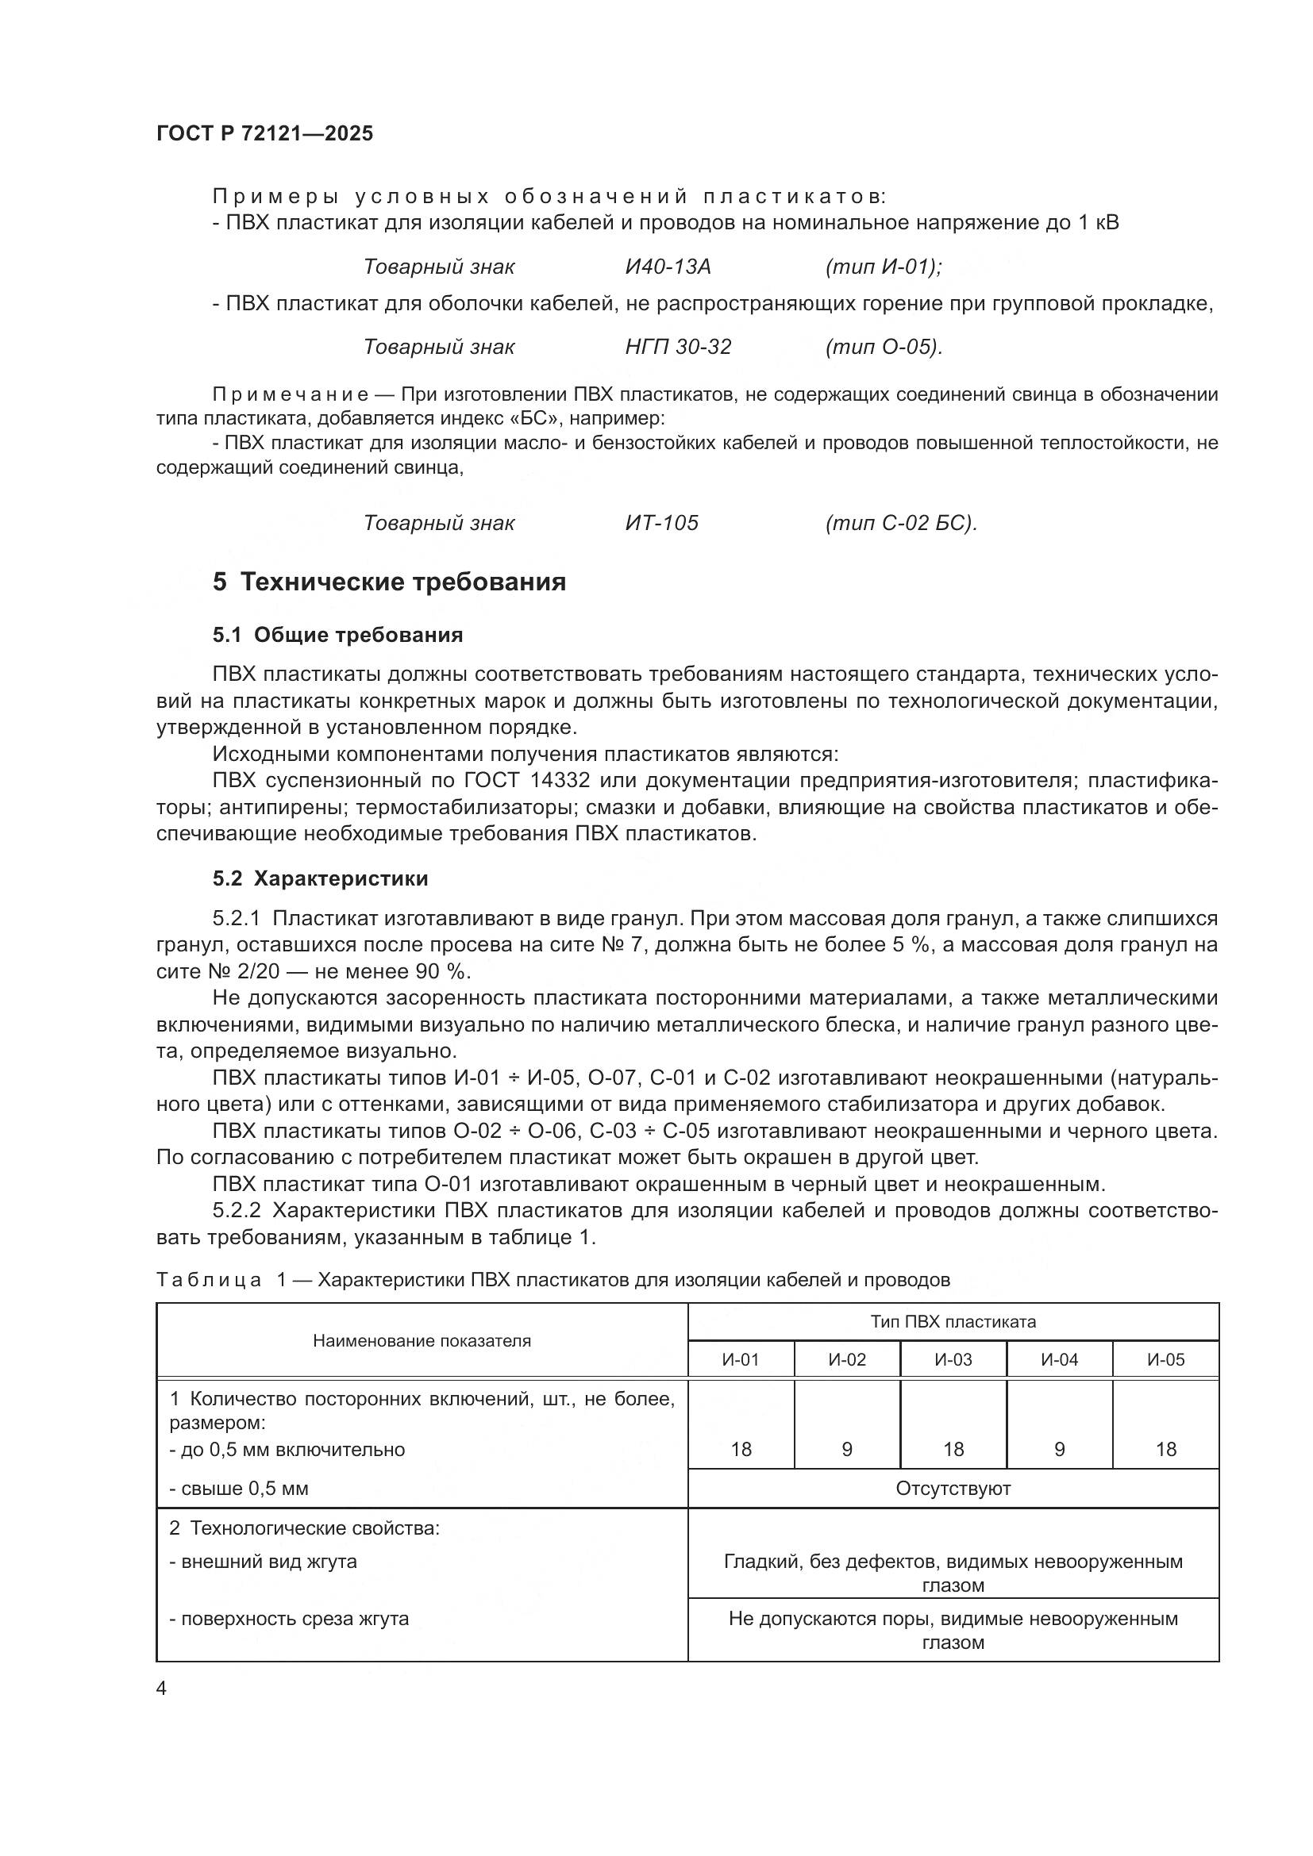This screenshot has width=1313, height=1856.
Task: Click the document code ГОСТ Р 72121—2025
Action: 264,133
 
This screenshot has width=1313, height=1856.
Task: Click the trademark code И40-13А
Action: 668,267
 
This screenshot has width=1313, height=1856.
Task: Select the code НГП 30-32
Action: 677,347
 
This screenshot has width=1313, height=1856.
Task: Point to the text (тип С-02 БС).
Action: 901,523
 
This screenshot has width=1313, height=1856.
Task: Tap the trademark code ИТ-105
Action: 661,523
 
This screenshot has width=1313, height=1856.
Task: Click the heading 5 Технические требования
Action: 389,582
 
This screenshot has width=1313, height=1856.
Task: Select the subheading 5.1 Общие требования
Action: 337,635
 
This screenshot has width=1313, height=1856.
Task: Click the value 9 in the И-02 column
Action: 846,1450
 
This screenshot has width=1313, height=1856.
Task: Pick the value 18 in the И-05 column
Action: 1165,1450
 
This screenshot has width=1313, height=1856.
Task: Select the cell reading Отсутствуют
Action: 953,1488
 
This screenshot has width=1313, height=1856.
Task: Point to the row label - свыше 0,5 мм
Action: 238,1488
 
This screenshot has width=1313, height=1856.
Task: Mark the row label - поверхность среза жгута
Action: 289,1620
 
